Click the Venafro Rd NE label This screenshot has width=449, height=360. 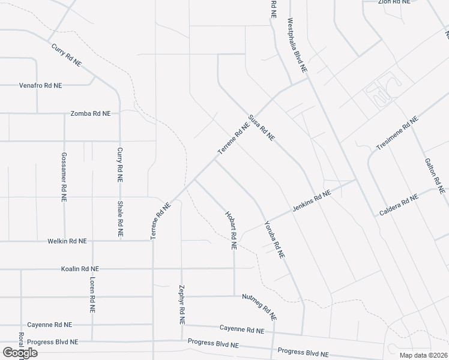point(40,85)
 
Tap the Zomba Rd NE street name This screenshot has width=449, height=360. point(91,113)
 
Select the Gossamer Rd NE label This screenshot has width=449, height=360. point(64,176)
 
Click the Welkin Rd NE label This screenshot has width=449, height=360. point(67,241)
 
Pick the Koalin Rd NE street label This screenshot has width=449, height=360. point(80,269)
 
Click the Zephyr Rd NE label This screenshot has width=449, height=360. point(181,304)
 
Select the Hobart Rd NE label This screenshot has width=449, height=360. point(231,230)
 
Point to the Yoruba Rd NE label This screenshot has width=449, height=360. point(274,240)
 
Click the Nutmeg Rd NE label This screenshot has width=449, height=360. point(259,306)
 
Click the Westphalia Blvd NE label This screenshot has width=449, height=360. point(297,46)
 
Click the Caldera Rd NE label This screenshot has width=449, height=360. point(399,205)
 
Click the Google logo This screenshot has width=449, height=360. point(20,353)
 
